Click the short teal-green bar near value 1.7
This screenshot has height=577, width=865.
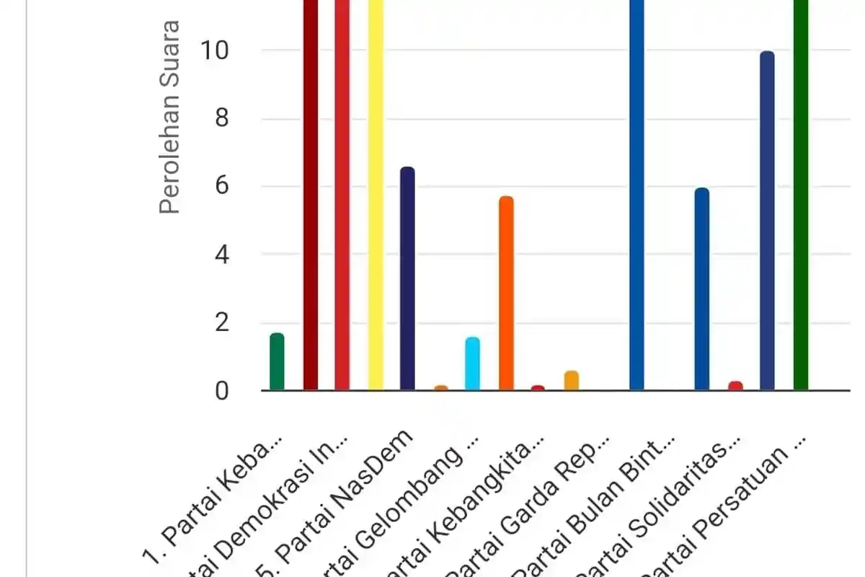click(x=277, y=362)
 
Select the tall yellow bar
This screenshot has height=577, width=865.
click(x=376, y=195)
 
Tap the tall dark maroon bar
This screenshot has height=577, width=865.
click(x=310, y=195)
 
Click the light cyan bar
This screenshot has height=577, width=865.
click(x=473, y=364)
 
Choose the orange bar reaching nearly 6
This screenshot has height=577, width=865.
click(x=506, y=294)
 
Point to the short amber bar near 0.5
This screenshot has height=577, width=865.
click(x=572, y=381)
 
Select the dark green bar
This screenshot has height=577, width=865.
click(x=801, y=195)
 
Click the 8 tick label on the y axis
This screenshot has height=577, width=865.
click(x=221, y=119)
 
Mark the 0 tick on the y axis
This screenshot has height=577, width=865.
click(x=221, y=391)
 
